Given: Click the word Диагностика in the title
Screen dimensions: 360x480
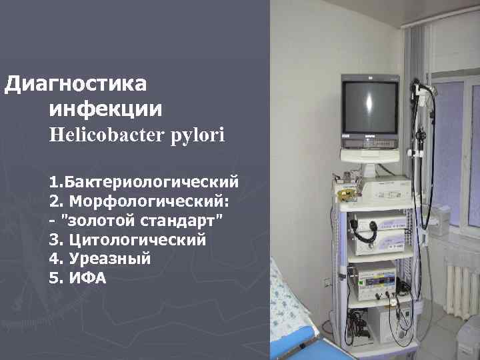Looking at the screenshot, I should coord(76,85).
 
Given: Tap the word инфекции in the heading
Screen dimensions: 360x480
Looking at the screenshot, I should coord(105,109).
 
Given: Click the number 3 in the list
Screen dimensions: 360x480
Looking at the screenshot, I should coord(53,239).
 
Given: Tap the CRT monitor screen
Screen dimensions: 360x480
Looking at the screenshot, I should coord(368,107).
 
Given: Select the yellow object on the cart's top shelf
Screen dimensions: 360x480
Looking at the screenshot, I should coord(345,194).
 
